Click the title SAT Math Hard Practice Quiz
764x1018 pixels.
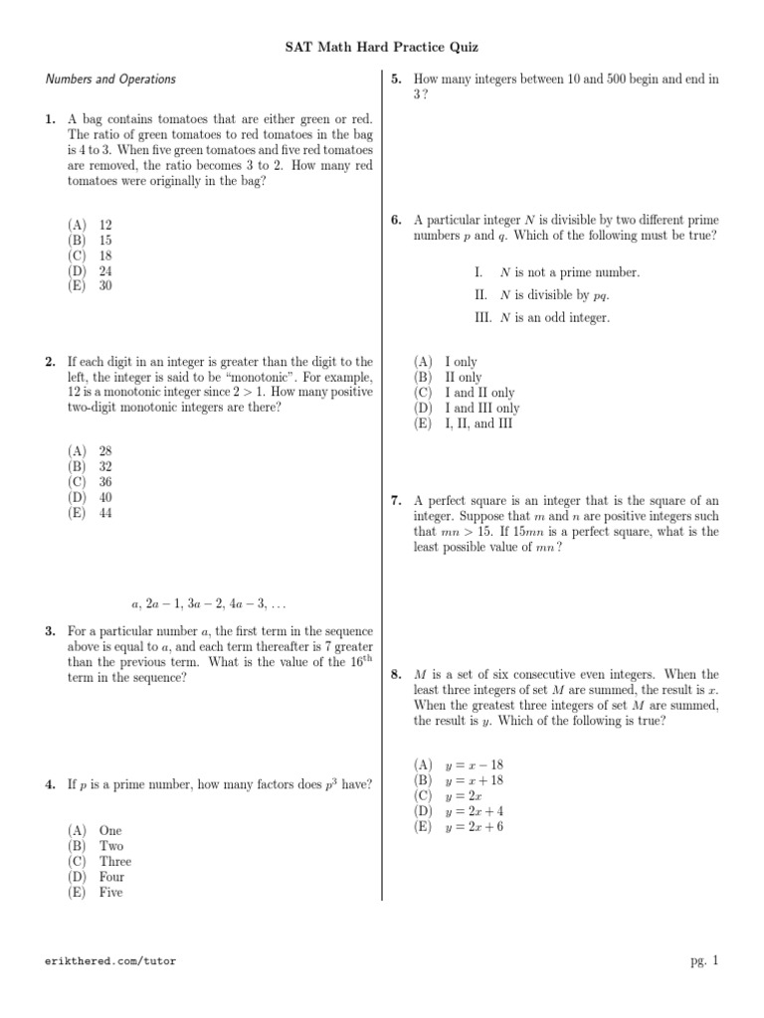[x=382, y=47]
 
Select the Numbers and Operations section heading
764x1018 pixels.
[x=110, y=79]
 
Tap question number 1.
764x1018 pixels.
[x=50, y=119]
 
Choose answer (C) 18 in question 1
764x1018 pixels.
[x=91, y=255]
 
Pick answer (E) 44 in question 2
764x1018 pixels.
[x=91, y=512]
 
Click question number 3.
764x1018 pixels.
[x=50, y=631]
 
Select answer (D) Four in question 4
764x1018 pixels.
[x=96, y=877]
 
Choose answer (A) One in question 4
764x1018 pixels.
[x=95, y=830]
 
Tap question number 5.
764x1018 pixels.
[x=396, y=79]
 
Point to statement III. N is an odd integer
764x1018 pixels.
[x=542, y=318]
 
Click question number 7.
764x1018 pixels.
[x=396, y=501]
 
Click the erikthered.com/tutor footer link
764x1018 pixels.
[x=110, y=961]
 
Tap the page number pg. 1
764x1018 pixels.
[x=702, y=960]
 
